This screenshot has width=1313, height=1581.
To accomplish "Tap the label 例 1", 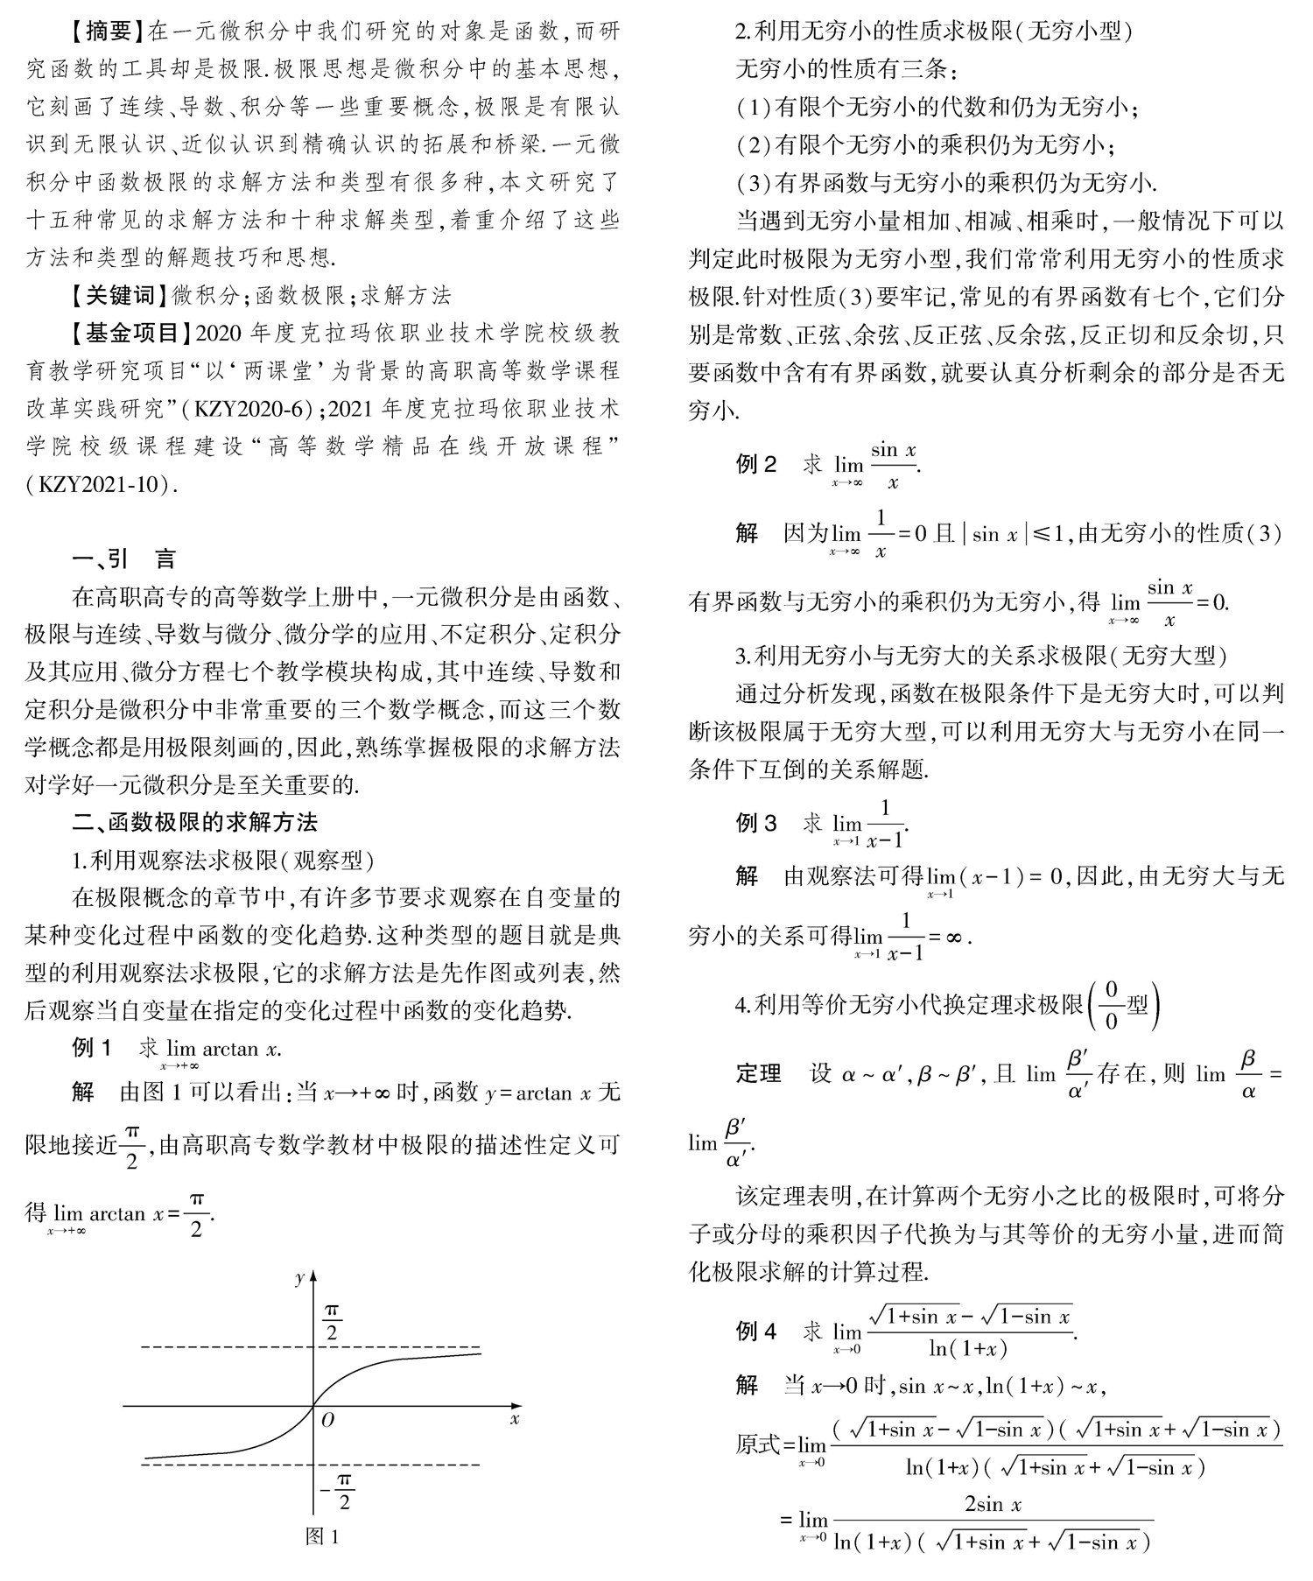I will click(x=92, y=1048).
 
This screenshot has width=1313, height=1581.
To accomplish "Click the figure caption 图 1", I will click(x=321, y=1561).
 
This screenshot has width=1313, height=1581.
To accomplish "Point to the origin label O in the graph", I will click(x=327, y=1421).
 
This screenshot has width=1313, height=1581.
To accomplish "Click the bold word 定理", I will click(x=758, y=1073).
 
